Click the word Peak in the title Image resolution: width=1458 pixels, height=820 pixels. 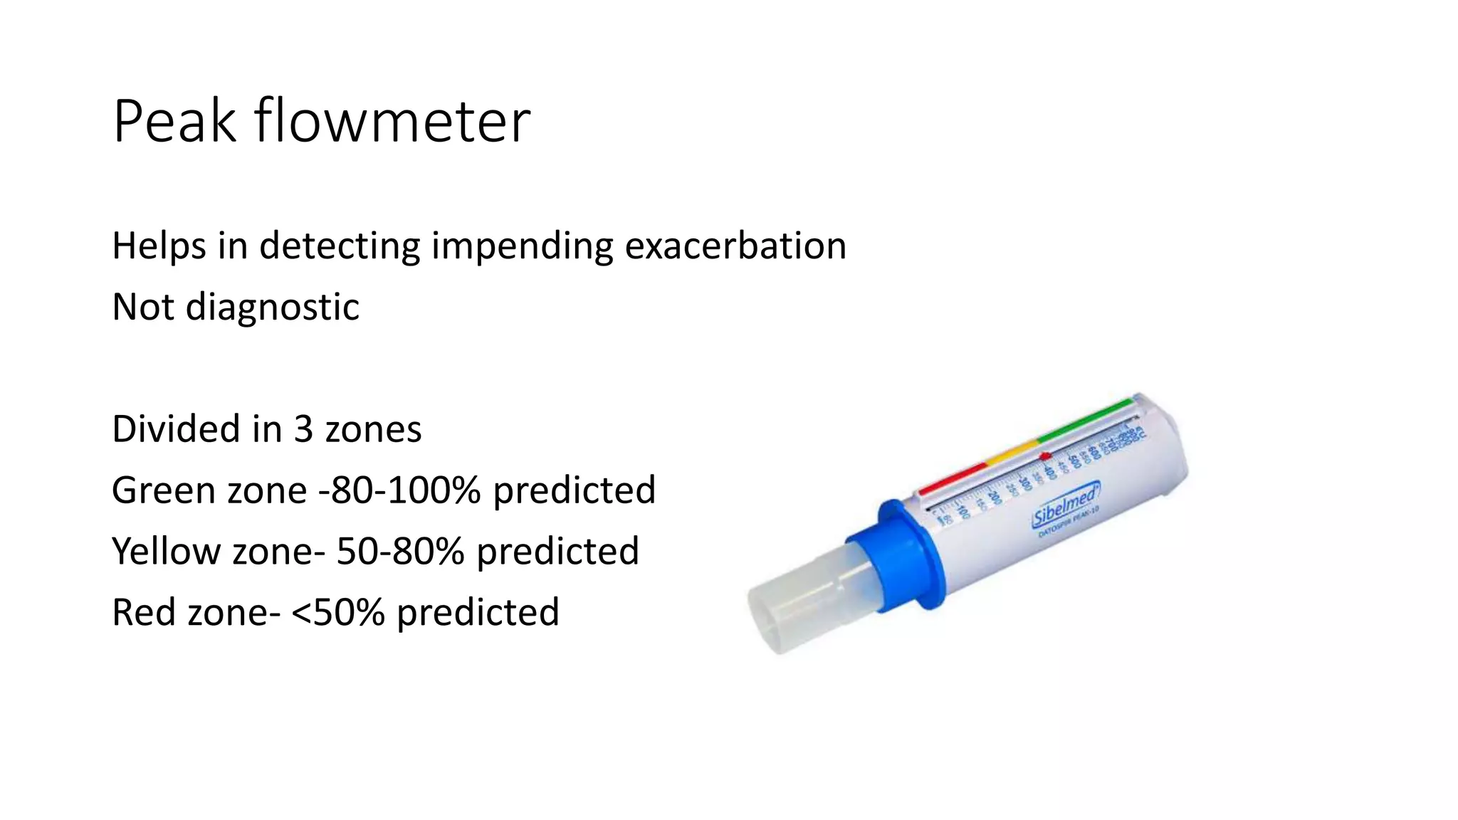tap(174, 122)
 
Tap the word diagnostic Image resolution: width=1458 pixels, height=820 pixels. tap(273, 307)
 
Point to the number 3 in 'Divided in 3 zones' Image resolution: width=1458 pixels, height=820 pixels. tap(303, 429)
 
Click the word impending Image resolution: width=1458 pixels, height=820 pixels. tap(522, 246)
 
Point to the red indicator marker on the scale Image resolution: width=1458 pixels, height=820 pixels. tap(1045, 456)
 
